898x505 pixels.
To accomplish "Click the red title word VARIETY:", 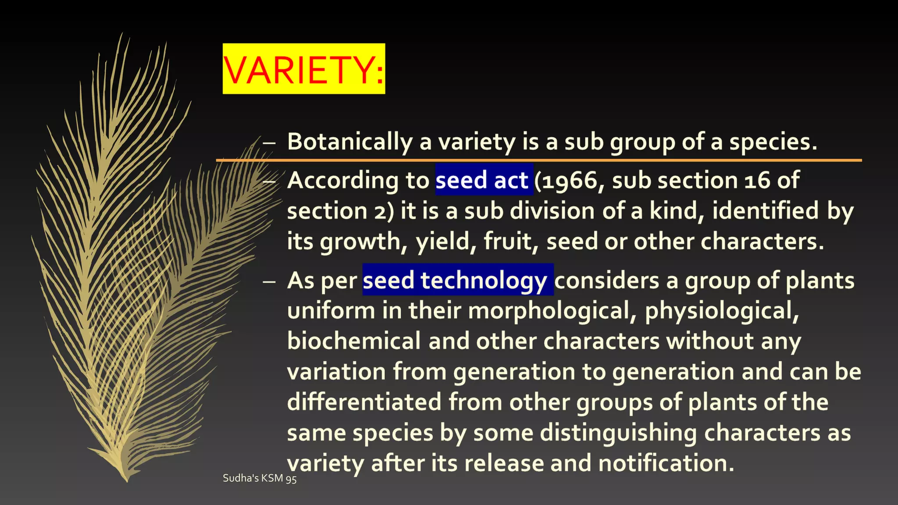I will pyautogui.click(x=303, y=69).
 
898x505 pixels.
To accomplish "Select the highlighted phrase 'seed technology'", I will pyautogui.click(x=455, y=280).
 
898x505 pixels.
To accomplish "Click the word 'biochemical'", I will pyautogui.click(x=354, y=341).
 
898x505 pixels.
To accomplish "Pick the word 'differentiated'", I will pyautogui.click(x=364, y=402).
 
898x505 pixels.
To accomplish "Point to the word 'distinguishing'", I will pyautogui.click(x=618, y=433).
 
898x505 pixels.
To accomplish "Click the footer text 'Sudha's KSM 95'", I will pyautogui.click(x=260, y=478).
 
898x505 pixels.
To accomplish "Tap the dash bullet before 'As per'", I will pyautogui.click(x=269, y=281).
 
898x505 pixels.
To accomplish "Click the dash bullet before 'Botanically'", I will pyautogui.click(x=269, y=142).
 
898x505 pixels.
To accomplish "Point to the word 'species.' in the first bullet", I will pyautogui.click(x=773, y=142).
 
